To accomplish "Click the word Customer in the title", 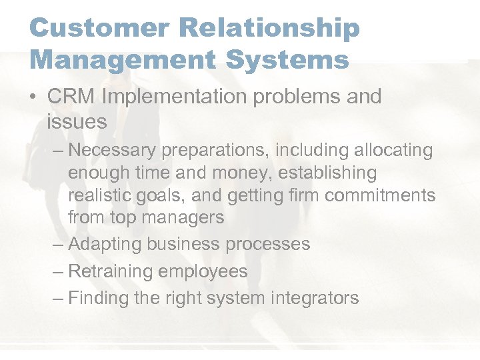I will pos(91,29).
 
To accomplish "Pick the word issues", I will pos(77,121).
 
